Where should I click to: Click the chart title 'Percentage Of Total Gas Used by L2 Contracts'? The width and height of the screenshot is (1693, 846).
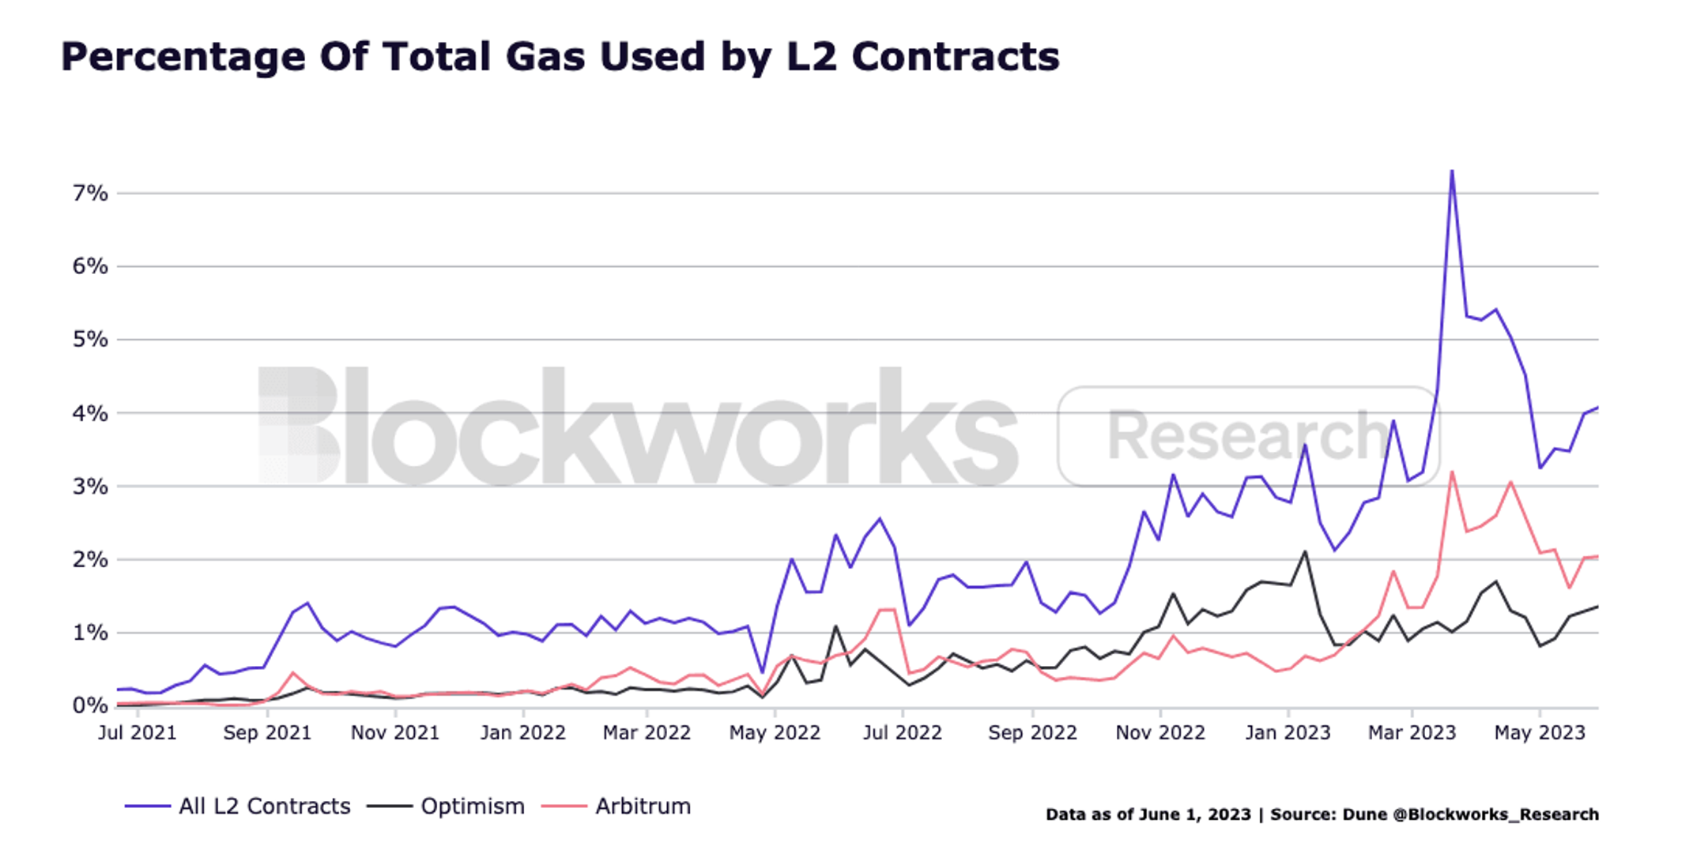coord(560,58)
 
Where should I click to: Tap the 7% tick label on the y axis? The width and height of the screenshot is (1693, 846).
coord(90,194)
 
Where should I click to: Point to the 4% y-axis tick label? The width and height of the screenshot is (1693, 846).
coord(90,413)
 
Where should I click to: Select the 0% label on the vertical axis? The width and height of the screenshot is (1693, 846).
coord(90,705)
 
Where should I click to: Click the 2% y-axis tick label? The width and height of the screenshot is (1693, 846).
coord(90,559)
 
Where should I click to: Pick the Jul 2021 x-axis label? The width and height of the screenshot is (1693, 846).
coord(138,733)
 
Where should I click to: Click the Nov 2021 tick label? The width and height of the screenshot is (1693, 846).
coord(395,733)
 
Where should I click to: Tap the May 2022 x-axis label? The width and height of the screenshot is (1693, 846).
coord(775,733)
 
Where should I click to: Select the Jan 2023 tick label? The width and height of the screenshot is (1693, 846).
coord(1288,733)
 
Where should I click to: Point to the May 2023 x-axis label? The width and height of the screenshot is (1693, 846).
coord(1540,733)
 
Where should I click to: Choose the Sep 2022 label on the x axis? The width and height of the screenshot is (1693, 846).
coord(1033,733)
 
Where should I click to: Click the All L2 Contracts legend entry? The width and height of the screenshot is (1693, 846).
coord(238,807)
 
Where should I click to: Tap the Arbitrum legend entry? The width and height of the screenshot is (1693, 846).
coord(616,807)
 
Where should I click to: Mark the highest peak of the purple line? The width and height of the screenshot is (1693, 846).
coord(1452,171)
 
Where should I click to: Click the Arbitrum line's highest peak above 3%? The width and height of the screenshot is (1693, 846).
coord(1452,472)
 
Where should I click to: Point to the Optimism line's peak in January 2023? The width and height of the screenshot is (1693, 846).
coord(1305,551)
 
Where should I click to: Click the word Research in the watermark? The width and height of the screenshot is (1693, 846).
coord(1249,435)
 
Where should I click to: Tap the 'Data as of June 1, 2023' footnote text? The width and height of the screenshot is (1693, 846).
coord(1148,814)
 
